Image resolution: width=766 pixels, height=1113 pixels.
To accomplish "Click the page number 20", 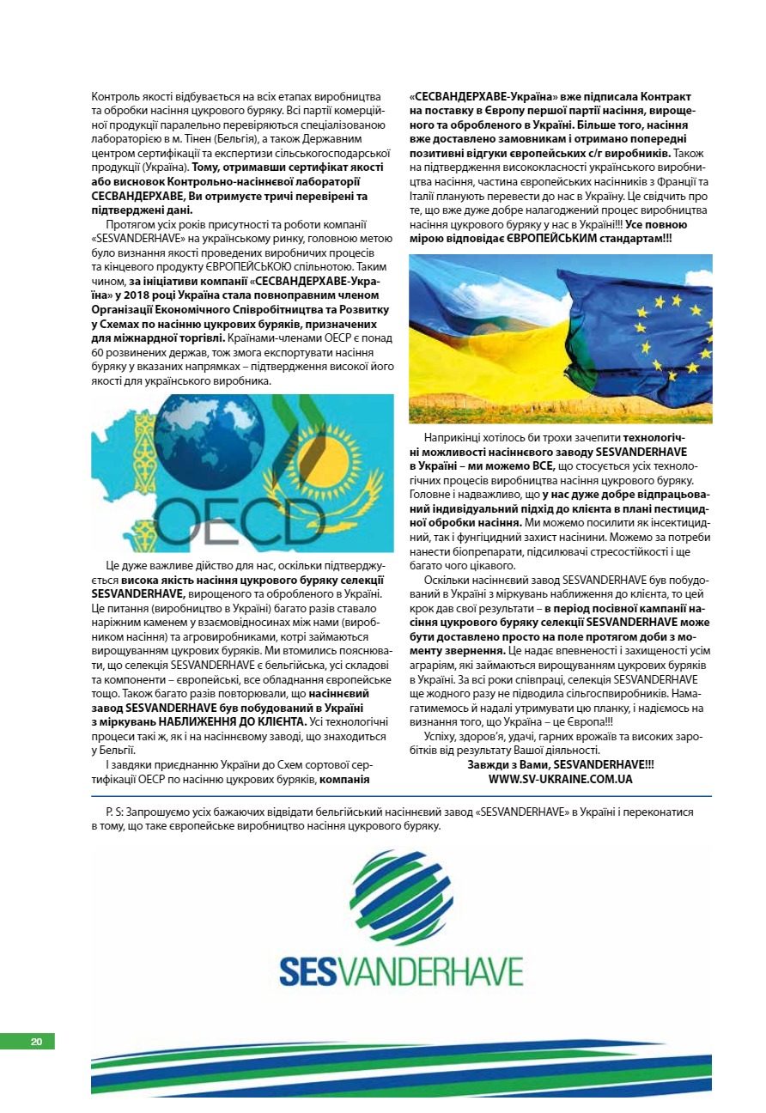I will point(36,1042).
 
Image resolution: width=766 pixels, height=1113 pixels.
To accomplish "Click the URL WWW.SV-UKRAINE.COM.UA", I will point(560,779).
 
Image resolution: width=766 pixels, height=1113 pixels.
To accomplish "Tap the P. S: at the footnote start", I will point(113,812).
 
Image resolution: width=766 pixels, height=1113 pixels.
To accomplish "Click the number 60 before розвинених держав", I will point(97,353).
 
